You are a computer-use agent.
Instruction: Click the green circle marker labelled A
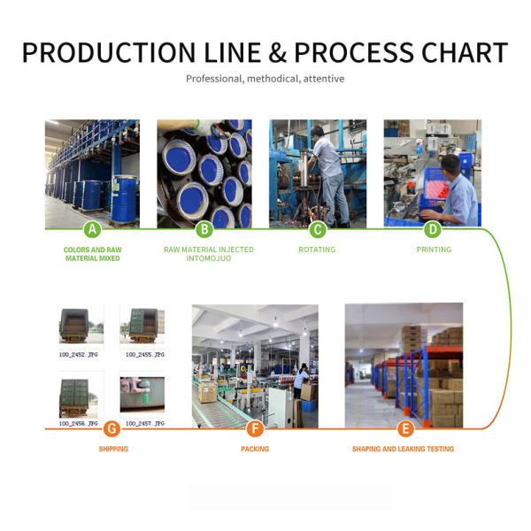[x=92, y=230]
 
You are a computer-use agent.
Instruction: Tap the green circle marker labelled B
[x=204, y=230]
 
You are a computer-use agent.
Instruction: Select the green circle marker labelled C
[x=317, y=230]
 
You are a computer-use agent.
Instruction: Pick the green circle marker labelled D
[x=433, y=230]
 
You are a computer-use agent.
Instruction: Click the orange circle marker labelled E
[x=405, y=429]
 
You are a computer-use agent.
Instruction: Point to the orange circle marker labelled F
[x=255, y=429]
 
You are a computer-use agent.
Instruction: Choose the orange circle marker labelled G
[x=112, y=429]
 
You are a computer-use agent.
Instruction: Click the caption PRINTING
[x=434, y=250]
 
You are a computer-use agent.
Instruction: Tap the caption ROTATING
[x=317, y=250]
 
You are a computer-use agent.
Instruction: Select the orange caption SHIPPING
[x=113, y=450]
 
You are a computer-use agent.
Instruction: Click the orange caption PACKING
[x=255, y=450]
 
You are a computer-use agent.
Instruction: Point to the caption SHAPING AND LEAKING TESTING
[x=403, y=450]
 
